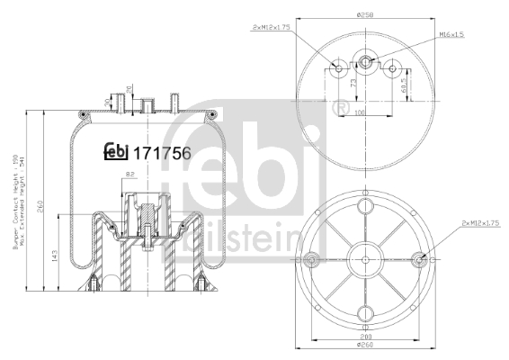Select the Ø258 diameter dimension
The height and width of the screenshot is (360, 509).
click(x=365, y=13)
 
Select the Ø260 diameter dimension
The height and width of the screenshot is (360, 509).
click(x=364, y=346)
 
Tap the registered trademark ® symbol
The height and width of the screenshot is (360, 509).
click(x=341, y=109)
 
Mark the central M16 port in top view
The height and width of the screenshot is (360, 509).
click(x=366, y=62)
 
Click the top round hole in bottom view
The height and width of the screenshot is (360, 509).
click(x=365, y=206)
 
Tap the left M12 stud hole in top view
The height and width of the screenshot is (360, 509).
click(x=336, y=67)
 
